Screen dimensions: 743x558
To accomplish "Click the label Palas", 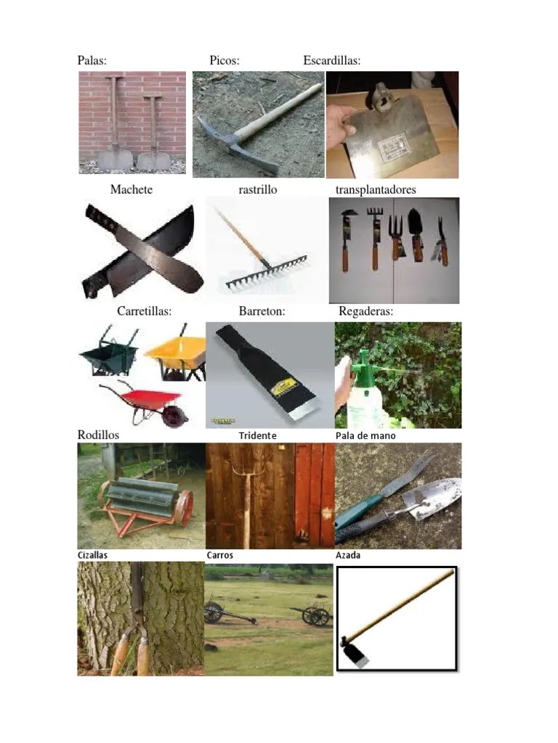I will [92, 61].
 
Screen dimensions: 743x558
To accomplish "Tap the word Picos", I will [225, 61].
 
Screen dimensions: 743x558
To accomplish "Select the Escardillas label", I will [331, 61].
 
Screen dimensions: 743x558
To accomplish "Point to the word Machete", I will [132, 189].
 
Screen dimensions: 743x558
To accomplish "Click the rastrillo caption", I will [258, 189].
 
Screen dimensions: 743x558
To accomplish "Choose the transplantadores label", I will [376, 189].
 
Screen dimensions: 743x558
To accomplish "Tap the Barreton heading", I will [262, 311].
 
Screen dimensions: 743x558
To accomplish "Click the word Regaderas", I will [366, 311].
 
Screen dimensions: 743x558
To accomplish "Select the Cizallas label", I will [93, 555].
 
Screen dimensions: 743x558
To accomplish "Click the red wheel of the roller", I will [185, 508].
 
